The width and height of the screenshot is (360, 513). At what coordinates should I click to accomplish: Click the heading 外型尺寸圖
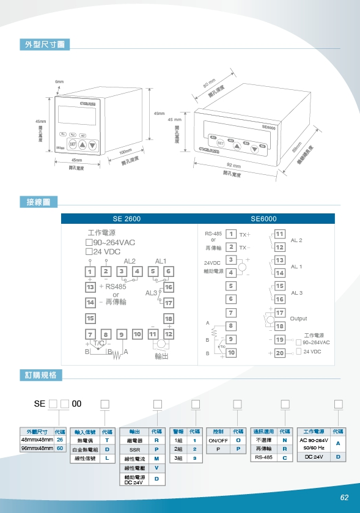coord(45,45)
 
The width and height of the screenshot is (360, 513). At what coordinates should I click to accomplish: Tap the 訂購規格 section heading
coord(41,375)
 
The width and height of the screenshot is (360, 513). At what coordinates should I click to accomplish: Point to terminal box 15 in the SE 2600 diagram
coord(90,318)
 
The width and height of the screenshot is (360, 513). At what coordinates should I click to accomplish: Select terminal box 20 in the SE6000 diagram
coord(280,353)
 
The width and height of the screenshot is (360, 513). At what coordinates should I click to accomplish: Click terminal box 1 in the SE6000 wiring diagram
coord(231,234)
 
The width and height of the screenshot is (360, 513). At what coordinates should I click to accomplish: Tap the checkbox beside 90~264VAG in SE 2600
coord(89,242)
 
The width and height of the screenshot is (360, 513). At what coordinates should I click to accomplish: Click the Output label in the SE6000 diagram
coord(298,319)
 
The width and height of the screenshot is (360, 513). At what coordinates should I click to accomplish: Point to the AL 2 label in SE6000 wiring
coord(296,240)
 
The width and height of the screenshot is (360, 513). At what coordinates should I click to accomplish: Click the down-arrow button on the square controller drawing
coord(92,145)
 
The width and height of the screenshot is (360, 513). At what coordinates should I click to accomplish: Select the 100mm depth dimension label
coord(126,152)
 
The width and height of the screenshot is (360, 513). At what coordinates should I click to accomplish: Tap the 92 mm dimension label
coord(233,166)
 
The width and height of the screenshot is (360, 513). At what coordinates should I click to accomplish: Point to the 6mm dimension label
coord(59,81)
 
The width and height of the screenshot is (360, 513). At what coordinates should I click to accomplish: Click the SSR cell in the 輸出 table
coord(134,449)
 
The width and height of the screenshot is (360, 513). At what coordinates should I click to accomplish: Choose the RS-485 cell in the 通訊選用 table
coord(263,457)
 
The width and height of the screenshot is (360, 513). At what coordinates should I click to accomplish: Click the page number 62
coord(344,497)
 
